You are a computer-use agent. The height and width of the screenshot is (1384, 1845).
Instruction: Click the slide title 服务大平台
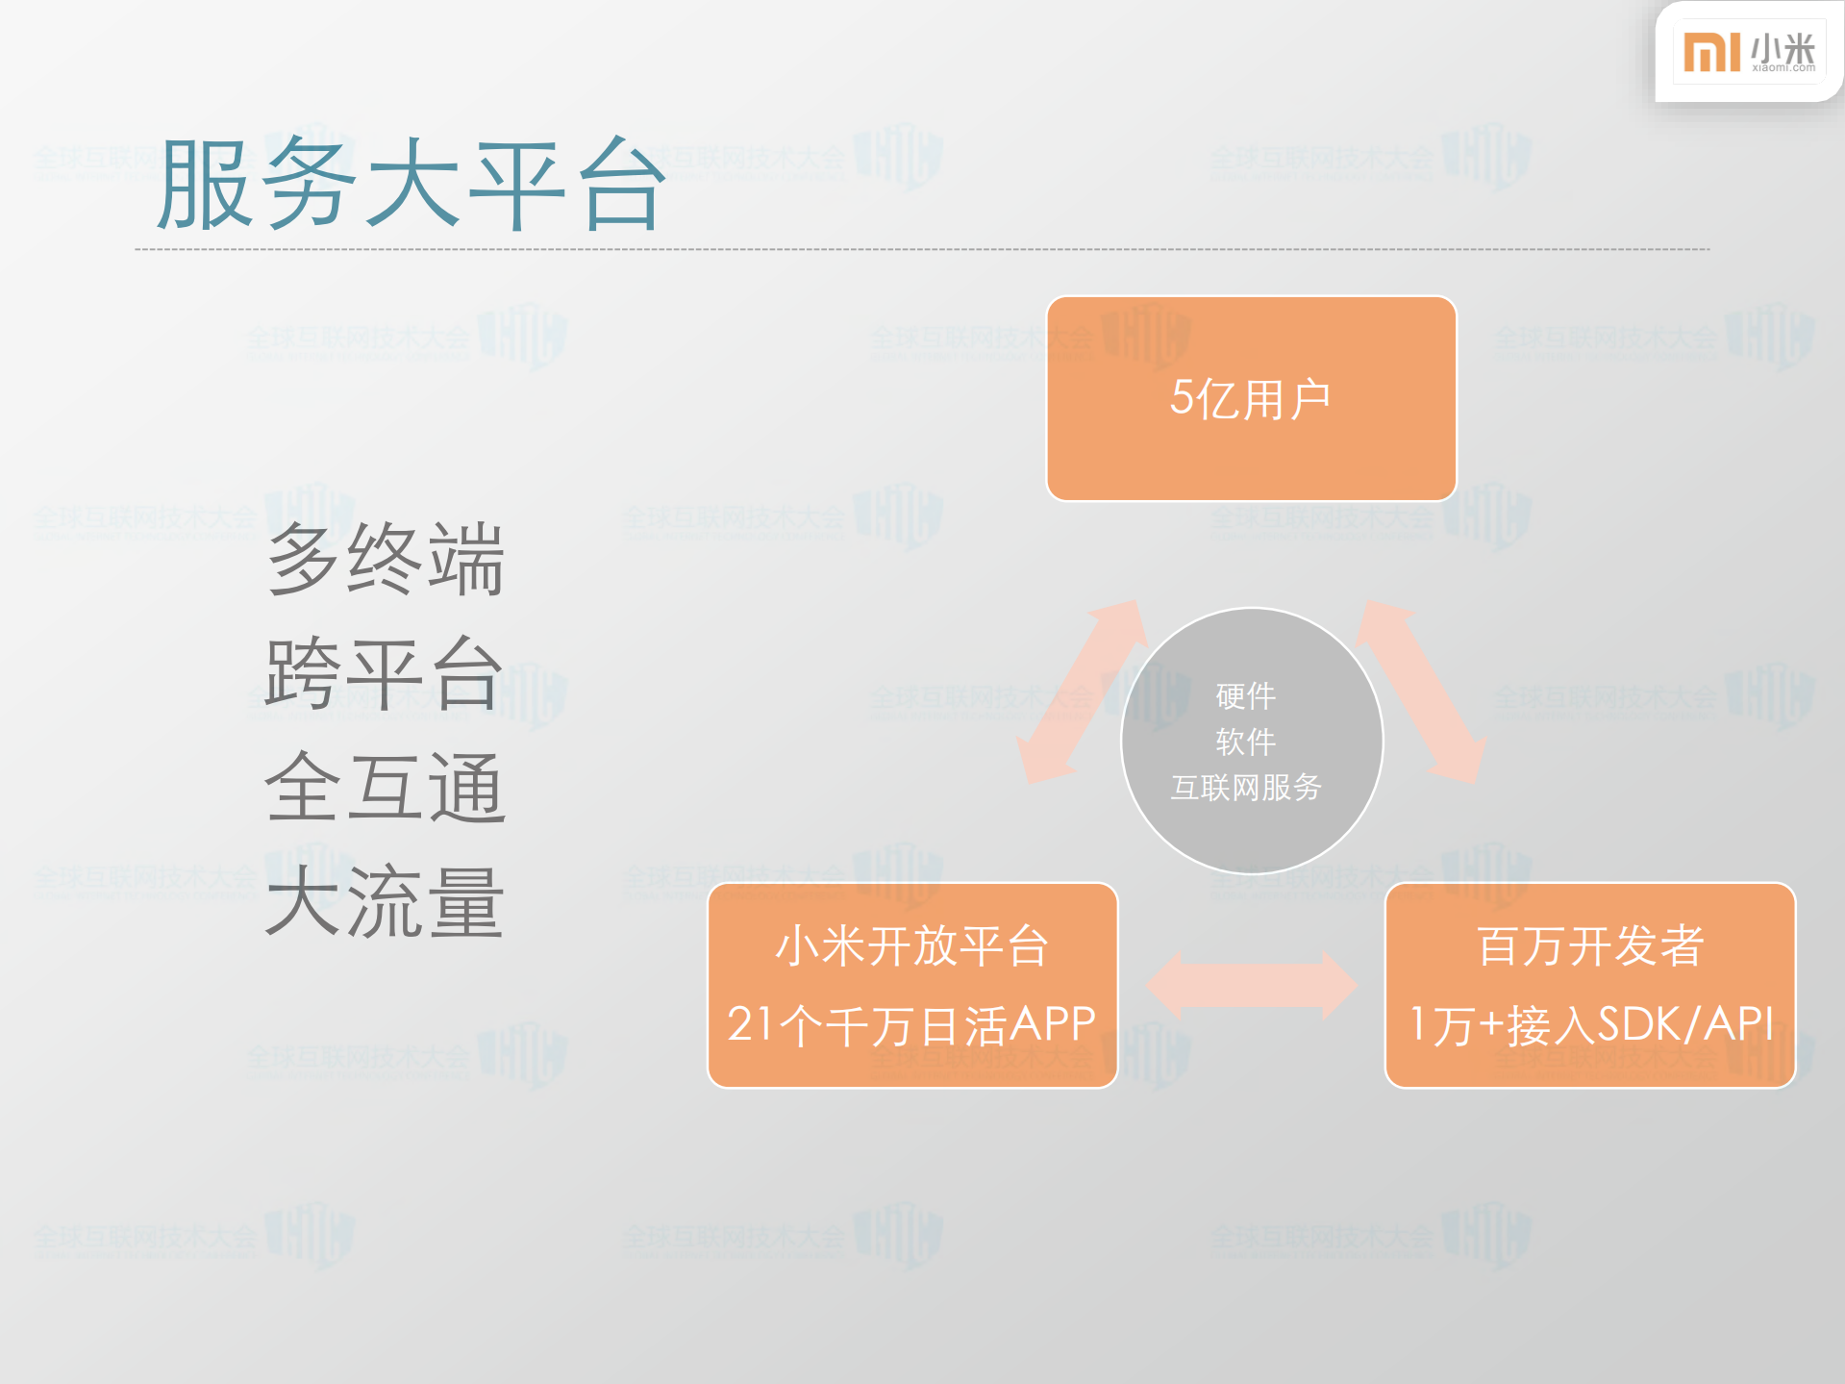[x=411, y=184]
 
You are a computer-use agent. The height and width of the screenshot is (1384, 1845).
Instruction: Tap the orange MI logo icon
[x=1711, y=52]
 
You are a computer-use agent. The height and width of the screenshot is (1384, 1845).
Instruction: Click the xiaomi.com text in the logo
[x=1783, y=68]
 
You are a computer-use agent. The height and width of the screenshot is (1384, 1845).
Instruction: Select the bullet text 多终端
[x=386, y=559]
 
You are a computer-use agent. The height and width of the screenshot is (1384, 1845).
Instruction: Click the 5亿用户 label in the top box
[x=1250, y=398]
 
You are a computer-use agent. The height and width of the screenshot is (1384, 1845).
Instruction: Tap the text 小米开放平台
[x=911, y=945]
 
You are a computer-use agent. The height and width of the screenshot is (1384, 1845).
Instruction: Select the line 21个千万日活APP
[x=911, y=1024]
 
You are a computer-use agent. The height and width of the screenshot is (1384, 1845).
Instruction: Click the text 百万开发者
[x=1590, y=945]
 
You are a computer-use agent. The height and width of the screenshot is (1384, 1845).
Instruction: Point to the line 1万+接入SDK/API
[x=1590, y=1024]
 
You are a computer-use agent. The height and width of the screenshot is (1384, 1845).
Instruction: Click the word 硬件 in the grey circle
[x=1246, y=695]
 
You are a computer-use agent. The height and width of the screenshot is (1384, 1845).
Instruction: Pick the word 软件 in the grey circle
[x=1246, y=742]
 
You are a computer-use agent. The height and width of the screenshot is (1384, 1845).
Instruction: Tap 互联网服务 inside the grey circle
[x=1246, y=788]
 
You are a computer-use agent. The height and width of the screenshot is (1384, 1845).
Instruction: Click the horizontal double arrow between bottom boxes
[x=1251, y=986]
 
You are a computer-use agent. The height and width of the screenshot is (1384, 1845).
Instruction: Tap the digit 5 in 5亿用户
[x=1182, y=397]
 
